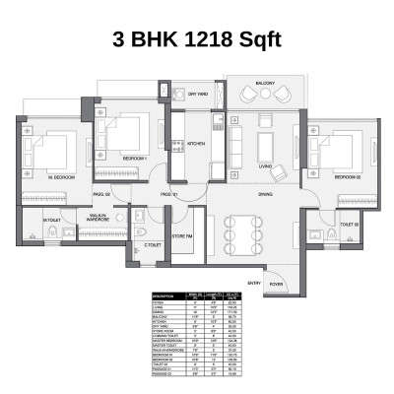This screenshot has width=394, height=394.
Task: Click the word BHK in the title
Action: (x=164, y=40)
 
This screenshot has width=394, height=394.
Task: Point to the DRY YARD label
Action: (x=197, y=95)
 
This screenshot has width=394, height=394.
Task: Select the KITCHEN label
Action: (x=196, y=144)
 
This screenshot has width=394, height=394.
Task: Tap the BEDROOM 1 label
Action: (x=134, y=158)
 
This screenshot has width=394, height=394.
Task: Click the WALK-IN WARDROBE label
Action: (x=98, y=221)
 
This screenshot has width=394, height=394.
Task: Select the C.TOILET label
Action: (x=153, y=242)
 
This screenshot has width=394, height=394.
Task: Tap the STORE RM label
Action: (x=183, y=235)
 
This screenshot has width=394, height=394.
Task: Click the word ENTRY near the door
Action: (x=254, y=283)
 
